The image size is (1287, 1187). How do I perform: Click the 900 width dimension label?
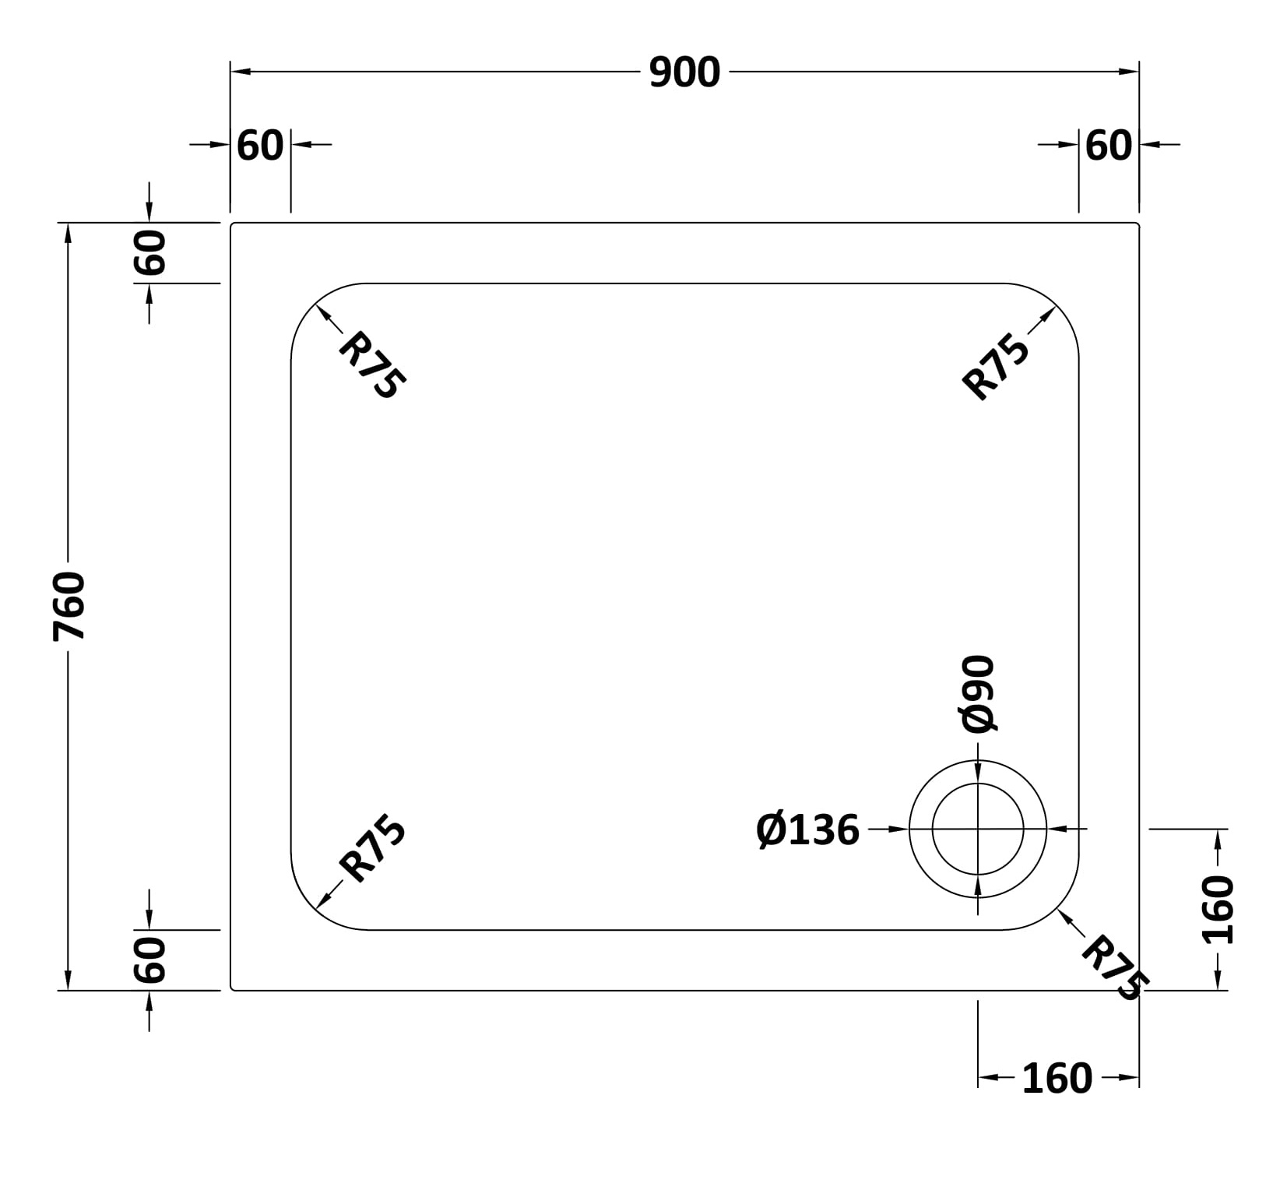(x=684, y=72)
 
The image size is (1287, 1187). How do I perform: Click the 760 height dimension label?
(x=69, y=606)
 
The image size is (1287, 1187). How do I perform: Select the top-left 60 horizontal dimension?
(x=260, y=146)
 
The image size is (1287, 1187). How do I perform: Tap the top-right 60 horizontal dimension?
(x=1109, y=146)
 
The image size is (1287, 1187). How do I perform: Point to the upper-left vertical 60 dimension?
(x=150, y=252)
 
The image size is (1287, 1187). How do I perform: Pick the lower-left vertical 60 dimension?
(x=150, y=960)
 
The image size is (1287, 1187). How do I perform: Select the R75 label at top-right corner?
(x=996, y=366)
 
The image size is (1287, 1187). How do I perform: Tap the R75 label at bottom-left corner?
(x=372, y=848)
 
